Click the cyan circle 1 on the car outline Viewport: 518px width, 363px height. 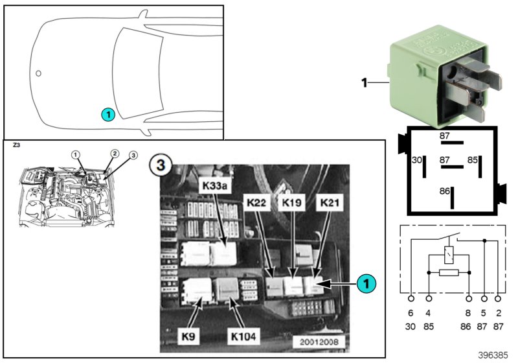[107, 115]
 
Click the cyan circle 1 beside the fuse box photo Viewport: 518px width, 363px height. [366, 283]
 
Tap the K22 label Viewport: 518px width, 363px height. [256, 203]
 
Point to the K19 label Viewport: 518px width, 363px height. [291, 203]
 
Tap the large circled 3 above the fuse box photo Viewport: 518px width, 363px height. [159, 165]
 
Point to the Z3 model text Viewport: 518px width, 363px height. [17, 146]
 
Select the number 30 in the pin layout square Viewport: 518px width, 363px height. [417, 159]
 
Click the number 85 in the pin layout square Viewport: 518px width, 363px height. [473, 159]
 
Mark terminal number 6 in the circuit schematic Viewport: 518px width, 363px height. [411, 313]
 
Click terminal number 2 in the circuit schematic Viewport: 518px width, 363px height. [498, 313]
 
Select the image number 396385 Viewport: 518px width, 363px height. [494, 355]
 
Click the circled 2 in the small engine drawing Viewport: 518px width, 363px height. [114, 154]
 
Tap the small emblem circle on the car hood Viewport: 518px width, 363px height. [38, 73]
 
